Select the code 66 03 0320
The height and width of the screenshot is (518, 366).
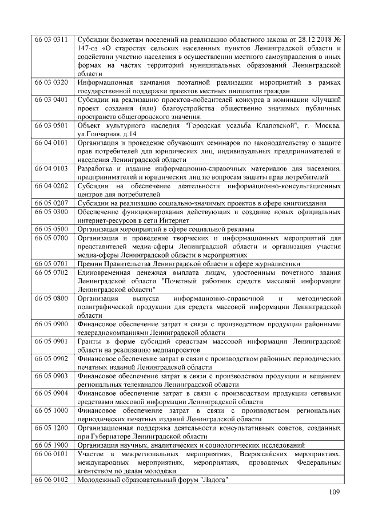coord(51,83)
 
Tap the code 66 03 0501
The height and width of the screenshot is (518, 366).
coord(51,125)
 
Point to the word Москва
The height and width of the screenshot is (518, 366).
coord(327,125)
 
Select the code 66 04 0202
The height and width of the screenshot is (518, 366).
coord(51,185)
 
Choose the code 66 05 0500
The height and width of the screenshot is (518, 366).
coord(51,228)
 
